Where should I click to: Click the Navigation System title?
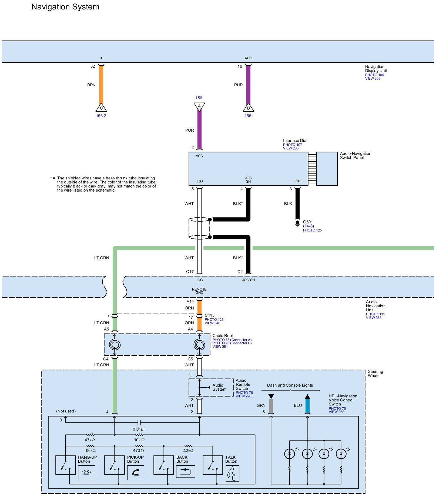[65, 7]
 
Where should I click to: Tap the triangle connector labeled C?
[101, 108]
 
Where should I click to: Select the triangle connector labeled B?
[248, 108]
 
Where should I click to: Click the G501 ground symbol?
[297, 223]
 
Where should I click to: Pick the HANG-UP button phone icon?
[86, 473]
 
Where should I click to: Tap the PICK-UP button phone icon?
[136, 473]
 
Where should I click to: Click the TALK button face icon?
[232, 473]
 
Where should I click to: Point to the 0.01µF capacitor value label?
[139, 429]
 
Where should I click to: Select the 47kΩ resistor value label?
[90, 440]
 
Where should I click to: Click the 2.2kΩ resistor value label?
[188, 451]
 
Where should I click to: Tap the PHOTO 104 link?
[374, 75]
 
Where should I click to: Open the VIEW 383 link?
[374, 318]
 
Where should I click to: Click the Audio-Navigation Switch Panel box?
[327, 169]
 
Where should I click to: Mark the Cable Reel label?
[222, 336]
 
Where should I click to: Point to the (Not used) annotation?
[66, 411]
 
